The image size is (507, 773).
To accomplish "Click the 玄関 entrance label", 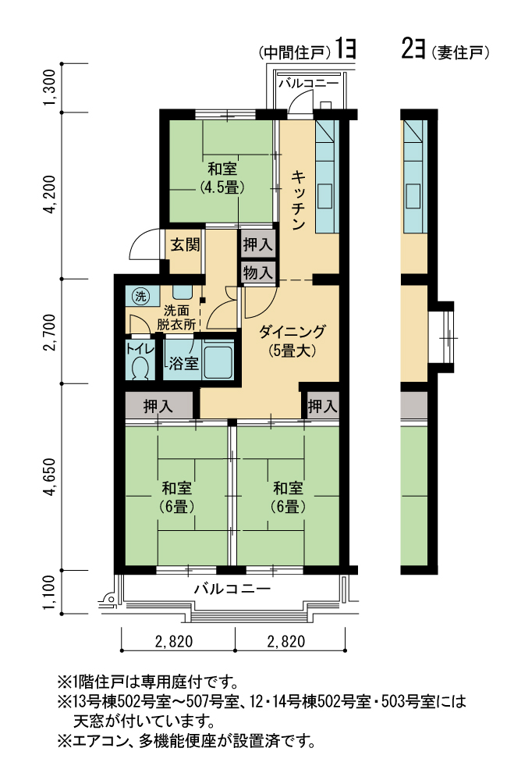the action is (185, 245).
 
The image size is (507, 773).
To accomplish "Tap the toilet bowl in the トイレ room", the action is (140, 368).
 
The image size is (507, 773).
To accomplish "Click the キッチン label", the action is (299, 200).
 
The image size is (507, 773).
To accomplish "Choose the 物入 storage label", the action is (257, 271).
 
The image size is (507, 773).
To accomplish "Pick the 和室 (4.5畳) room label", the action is (222, 177).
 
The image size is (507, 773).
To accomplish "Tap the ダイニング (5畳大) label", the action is (292, 340).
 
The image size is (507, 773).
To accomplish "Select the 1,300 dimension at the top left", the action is (50, 87).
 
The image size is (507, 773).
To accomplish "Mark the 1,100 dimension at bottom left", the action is (50, 592).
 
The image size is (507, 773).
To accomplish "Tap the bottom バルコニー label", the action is (232, 589).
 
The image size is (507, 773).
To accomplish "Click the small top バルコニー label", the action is (308, 83).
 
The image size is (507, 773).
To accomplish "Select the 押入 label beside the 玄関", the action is (257, 244).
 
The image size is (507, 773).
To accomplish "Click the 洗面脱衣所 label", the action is (176, 318).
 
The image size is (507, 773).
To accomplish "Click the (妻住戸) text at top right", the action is (460, 53).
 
